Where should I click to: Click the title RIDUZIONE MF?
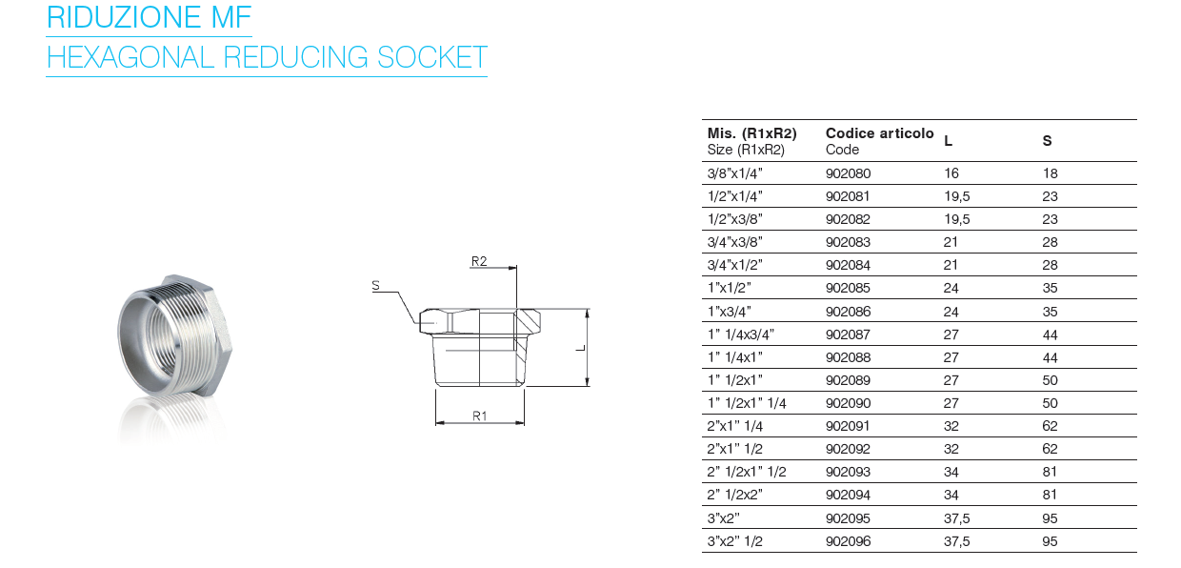coord(149,17)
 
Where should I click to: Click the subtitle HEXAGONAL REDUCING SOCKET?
coord(267,57)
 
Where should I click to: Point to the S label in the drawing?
coord(375,284)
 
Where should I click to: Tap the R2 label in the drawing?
coord(479,260)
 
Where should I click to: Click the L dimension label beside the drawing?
coord(579,348)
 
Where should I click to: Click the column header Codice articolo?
coord(880,133)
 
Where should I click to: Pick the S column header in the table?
coord(1048,141)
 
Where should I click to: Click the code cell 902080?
coord(848,173)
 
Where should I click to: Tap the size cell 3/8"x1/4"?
coord(735,173)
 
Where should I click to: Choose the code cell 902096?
coord(848,541)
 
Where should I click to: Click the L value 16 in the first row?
coord(951,173)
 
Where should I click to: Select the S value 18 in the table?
coord(1051,173)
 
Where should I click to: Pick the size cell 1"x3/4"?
coord(730,312)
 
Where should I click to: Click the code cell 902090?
coord(848,403)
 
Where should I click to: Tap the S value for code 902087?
coord(1051,335)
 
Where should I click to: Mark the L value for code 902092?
coord(951,449)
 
